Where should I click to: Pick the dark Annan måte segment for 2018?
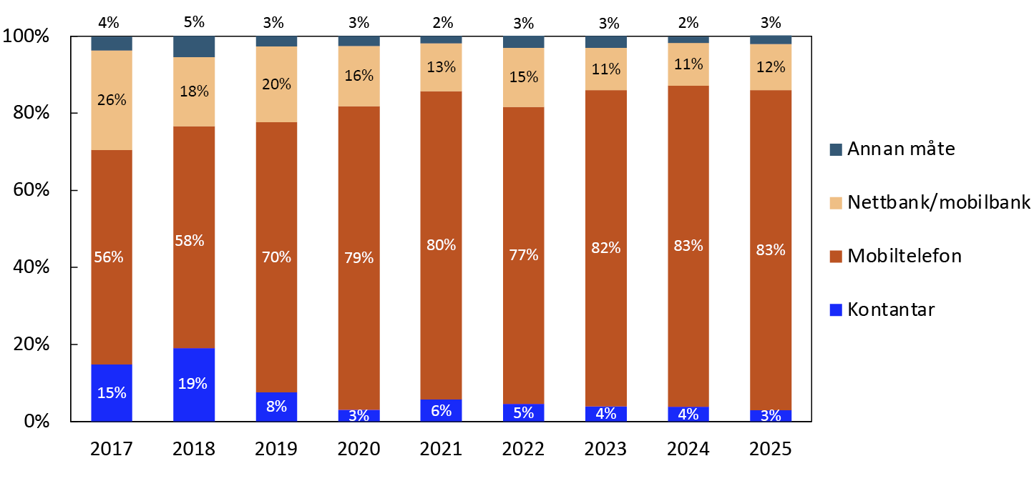pyautogui.click(x=194, y=46)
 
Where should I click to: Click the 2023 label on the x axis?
pyautogui.click(x=606, y=449)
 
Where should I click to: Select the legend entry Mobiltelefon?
pyautogui.click(x=904, y=255)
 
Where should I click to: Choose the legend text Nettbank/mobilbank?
pyautogui.click(x=938, y=202)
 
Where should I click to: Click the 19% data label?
pyautogui.click(x=194, y=384)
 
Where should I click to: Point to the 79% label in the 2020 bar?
pyautogui.click(x=359, y=257)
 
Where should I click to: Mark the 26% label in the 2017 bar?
pyautogui.click(x=112, y=100)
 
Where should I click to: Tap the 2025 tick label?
pyautogui.click(x=771, y=449)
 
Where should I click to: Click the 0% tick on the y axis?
pyautogui.click(x=36, y=422)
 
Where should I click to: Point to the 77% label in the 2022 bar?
pyautogui.click(x=524, y=254)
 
